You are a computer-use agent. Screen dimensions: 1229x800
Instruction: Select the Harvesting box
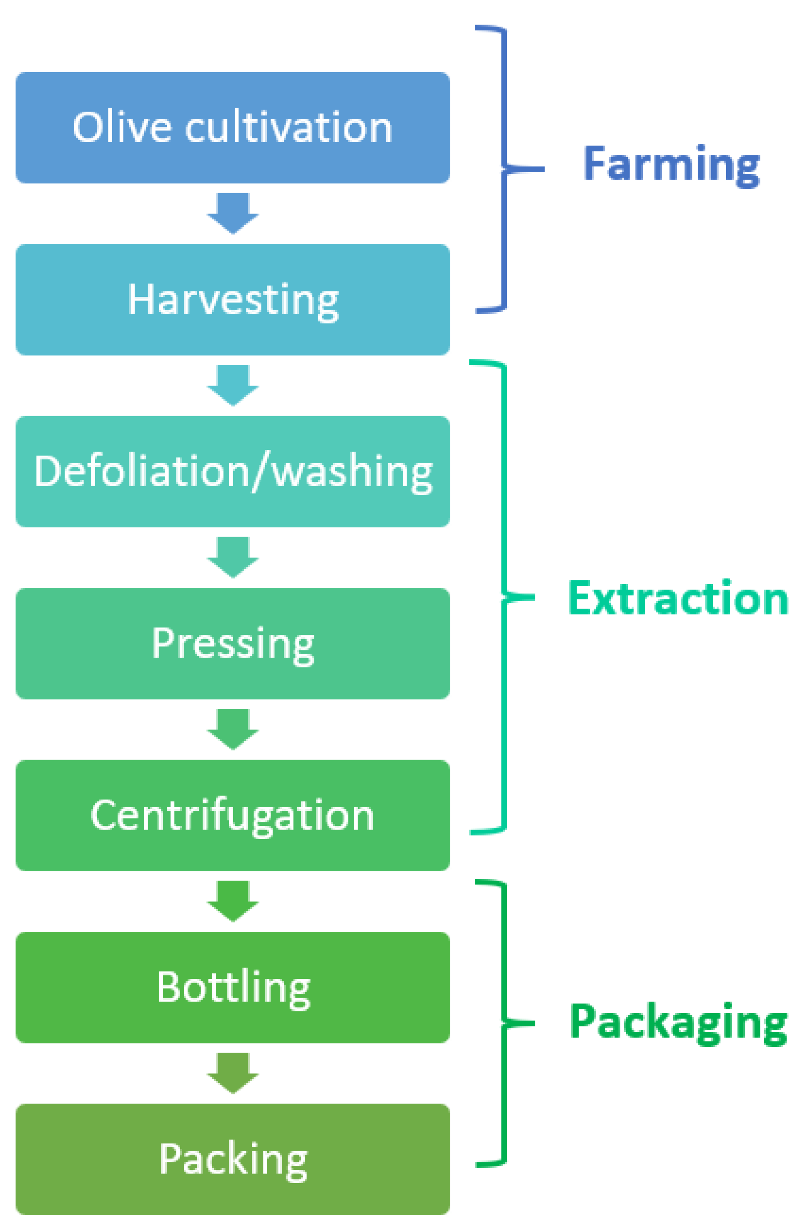click(x=232, y=299)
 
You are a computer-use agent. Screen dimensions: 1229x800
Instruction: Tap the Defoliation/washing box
click(x=232, y=471)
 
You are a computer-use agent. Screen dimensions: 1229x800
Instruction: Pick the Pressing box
click(x=232, y=643)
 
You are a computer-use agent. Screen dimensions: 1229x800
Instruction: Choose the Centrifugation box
click(x=232, y=815)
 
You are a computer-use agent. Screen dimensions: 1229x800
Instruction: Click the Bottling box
click(x=232, y=987)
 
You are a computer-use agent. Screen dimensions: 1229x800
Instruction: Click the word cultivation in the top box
click(x=288, y=128)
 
